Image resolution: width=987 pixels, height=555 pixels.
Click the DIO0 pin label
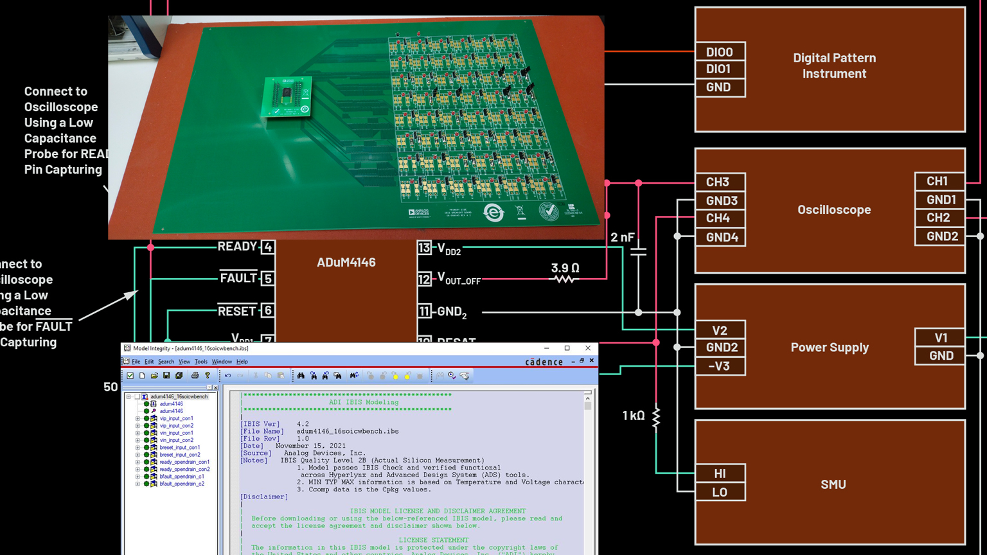coord(720,52)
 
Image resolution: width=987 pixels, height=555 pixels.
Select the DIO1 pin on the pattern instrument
coord(720,69)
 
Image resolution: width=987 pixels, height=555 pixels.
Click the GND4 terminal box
coord(721,237)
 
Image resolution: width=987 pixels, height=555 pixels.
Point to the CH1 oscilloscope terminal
coord(938,181)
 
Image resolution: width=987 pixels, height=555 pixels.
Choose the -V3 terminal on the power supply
coord(720,366)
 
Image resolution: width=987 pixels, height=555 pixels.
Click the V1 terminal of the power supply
coord(940,338)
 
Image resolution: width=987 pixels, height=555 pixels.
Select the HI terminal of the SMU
coord(720,473)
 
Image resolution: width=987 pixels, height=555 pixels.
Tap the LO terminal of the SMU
coord(720,492)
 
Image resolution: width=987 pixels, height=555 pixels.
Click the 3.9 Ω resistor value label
coord(565,267)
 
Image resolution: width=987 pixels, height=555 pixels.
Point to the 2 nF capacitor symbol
coord(638,251)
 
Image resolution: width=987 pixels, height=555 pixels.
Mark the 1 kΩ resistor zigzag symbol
coord(656,417)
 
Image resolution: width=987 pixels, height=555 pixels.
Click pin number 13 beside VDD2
coord(424,247)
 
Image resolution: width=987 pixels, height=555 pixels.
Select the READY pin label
coord(237,247)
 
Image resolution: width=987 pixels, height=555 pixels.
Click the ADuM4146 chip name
coord(346,262)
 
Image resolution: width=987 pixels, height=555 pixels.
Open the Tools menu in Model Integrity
coord(201,362)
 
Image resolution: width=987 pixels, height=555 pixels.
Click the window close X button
coord(587,348)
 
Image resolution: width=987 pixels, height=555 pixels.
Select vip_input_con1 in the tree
coord(176,418)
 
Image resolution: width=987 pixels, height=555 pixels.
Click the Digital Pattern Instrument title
coord(834,66)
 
